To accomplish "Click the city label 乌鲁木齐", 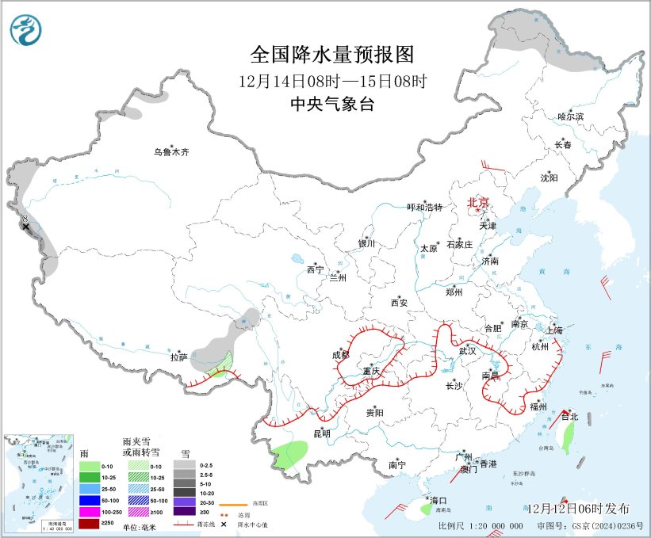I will pyautogui.click(x=172, y=152).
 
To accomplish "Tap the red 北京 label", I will pyautogui.click(x=479, y=202).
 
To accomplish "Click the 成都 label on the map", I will pyautogui.click(x=342, y=355).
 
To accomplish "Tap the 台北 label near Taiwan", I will pyautogui.click(x=569, y=416).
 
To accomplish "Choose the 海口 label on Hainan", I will pyautogui.click(x=438, y=501).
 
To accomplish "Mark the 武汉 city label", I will pyautogui.click(x=467, y=350).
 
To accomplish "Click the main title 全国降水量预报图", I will pyautogui.click(x=332, y=55).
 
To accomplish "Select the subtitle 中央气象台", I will pyautogui.click(x=332, y=104).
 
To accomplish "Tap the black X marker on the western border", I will pyautogui.click(x=26, y=227).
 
